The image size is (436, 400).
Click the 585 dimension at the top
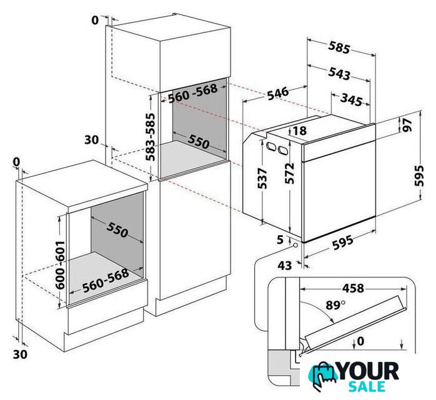pos(339,47)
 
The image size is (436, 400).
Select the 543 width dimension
pos(339,73)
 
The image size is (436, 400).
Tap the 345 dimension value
pos(352,99)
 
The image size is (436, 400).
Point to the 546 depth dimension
pos(278,93)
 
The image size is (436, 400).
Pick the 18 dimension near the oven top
pos(299,130)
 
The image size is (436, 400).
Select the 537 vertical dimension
pos(262,178)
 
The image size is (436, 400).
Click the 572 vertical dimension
pos(289,173)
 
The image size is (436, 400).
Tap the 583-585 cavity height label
pos(151,137)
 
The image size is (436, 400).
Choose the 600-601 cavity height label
pos(60,265)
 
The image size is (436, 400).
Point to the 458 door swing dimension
pos(353,288)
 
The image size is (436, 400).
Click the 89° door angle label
pos(335,305)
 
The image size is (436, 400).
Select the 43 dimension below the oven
pos(285,266)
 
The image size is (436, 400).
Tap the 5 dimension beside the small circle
pos(280,239)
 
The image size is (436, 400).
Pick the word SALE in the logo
pos(367,386)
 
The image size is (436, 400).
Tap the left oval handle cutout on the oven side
pos(270,146)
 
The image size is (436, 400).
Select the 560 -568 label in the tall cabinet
pos(193,94)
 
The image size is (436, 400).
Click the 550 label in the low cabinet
pos(117,229)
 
